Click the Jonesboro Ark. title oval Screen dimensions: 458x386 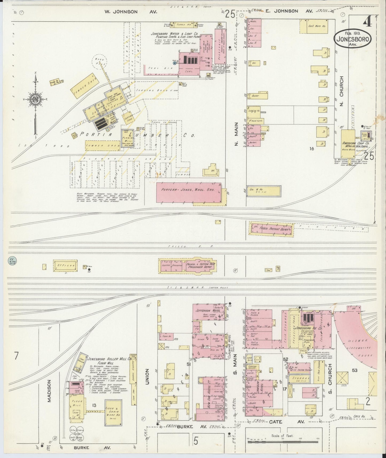point(352,39)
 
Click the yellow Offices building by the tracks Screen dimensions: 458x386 point(65,266)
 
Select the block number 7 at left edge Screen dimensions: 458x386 point(17,356)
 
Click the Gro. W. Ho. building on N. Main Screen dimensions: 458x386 point(264,191)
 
